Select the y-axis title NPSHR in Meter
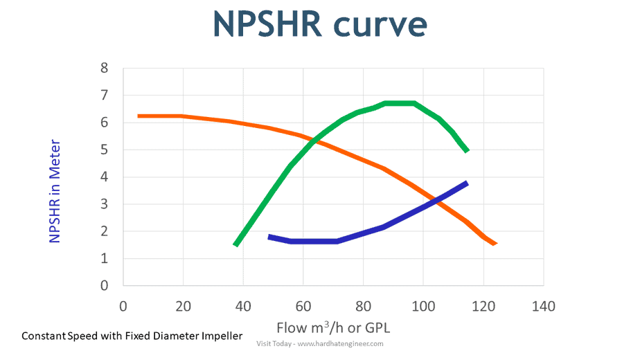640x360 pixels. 55,192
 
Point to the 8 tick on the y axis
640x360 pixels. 105,69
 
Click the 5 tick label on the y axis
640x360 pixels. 105,150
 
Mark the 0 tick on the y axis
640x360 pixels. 105,286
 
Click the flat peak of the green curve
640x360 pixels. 400,103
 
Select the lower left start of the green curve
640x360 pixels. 236,244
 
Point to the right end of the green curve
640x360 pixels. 468,150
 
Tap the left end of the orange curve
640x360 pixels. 139,116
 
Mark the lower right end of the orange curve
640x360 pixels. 495,243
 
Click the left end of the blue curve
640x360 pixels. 269,237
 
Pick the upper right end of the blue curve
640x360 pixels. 467,183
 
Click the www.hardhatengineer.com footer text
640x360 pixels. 339,343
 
